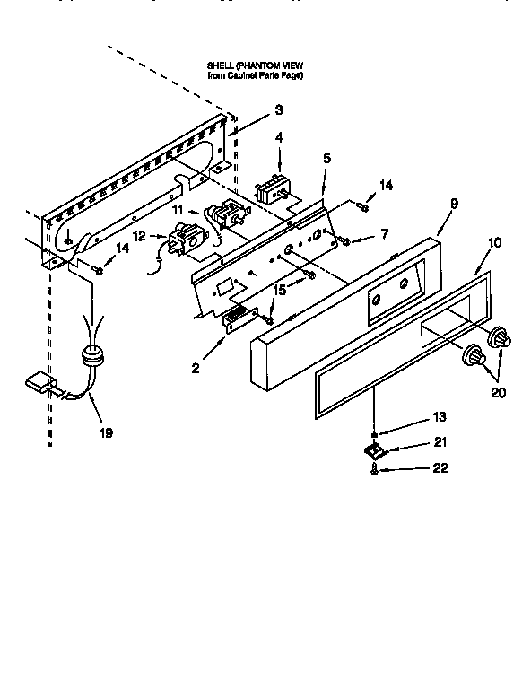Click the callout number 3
pyautogui.click(x=279, y=109)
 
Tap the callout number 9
pyautogui.click(x=454, y=204)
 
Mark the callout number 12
pyautogui.click(x=138, y=236)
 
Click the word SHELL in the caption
pyautogui.click(x=221, y=65)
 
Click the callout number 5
pyautogui.click(x=326, y=158)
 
